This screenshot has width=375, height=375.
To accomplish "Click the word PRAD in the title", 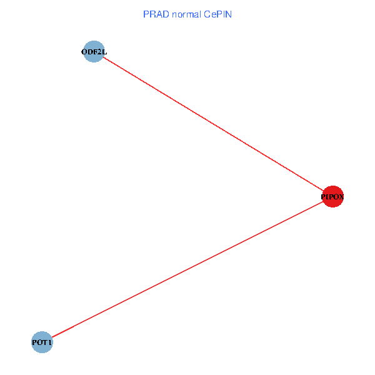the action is [154, 14].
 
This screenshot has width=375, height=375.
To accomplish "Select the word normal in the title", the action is [184, 14].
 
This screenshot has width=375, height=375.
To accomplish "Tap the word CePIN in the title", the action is [217, 14].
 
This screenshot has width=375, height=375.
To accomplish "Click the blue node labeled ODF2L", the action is [94, 52].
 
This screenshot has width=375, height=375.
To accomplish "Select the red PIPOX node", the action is [332, 197].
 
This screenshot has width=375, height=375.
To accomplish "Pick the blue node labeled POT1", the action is [42, 342].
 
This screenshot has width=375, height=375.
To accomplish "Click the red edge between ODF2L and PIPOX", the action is [212, 124].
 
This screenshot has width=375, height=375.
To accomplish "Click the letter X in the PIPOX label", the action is [341, 197].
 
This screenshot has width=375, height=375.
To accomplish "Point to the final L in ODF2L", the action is [104, 52].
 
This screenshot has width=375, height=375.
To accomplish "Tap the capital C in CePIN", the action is [205, 14].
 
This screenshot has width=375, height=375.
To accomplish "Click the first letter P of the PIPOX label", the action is [323, 197].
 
